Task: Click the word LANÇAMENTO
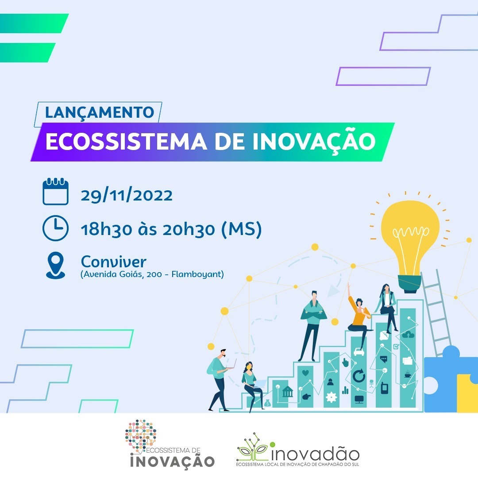[x=100, y=112]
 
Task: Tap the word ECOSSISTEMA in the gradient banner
[x=126, y=142]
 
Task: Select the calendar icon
[x=55, y=192]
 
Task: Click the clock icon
[x=55, y=228]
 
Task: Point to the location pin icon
[x=55, y=265]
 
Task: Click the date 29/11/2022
[x=127, y=196]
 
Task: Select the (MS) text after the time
[x=241, y=229]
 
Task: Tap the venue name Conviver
[x=113, y=262]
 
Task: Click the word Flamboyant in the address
[x=197, y=274]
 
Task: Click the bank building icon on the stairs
[x=287, y=391]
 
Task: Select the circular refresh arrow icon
[x=359, y=376]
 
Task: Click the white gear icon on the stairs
[x=331, y=397]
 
